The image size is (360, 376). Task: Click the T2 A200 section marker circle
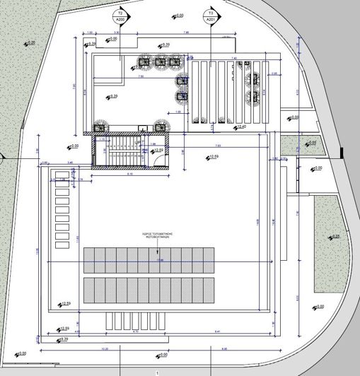(x=120, y=17)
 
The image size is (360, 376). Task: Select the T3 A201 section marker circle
(x=209, y=17)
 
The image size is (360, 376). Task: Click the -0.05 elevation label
(x=311, y=143)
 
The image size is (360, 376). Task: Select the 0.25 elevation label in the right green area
(x=335, y=237)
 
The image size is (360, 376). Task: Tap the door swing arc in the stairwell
(x=151, y=160)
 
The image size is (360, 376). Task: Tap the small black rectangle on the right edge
(x=342, y=151)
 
